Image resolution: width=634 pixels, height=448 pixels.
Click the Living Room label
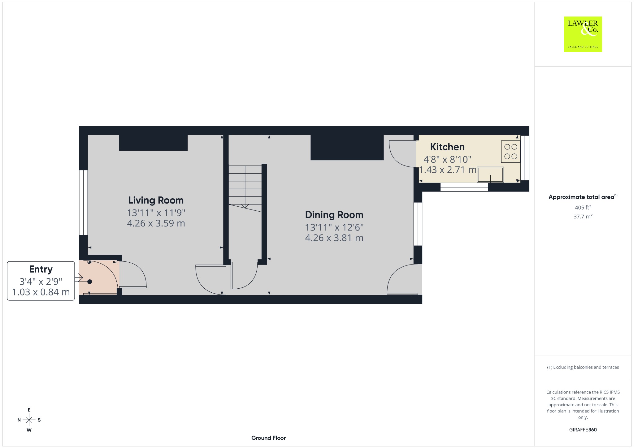click(156, 200)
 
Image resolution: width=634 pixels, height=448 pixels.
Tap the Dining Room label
click(334, 215)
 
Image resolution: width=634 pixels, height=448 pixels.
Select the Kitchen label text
click(447, 147)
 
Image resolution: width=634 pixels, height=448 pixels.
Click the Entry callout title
click(41, 269)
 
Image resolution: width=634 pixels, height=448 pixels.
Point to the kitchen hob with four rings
click(511, 152)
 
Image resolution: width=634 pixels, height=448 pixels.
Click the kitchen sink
click(490, 174)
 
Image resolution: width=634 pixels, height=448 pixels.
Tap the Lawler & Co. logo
click(583, 34)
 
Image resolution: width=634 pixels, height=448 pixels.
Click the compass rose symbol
click(29, 420)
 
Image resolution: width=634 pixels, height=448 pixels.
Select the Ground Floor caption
click(268, 438)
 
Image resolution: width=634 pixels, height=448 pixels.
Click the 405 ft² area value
click(583, 207)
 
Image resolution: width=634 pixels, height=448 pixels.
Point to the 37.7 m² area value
click(583, 216)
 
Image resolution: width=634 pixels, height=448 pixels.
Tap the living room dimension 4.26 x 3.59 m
click(156, 223)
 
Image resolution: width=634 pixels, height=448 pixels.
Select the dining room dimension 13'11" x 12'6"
click(334, 227)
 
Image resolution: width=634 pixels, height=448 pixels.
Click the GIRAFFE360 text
click(583, 430)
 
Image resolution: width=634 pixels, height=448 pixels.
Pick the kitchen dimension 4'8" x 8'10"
click(447, 159)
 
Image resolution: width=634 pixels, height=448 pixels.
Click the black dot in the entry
click(90, 282)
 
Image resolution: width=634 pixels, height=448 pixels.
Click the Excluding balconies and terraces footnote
click(583, 367)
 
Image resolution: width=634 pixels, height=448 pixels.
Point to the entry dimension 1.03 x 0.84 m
click(41, 292)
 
